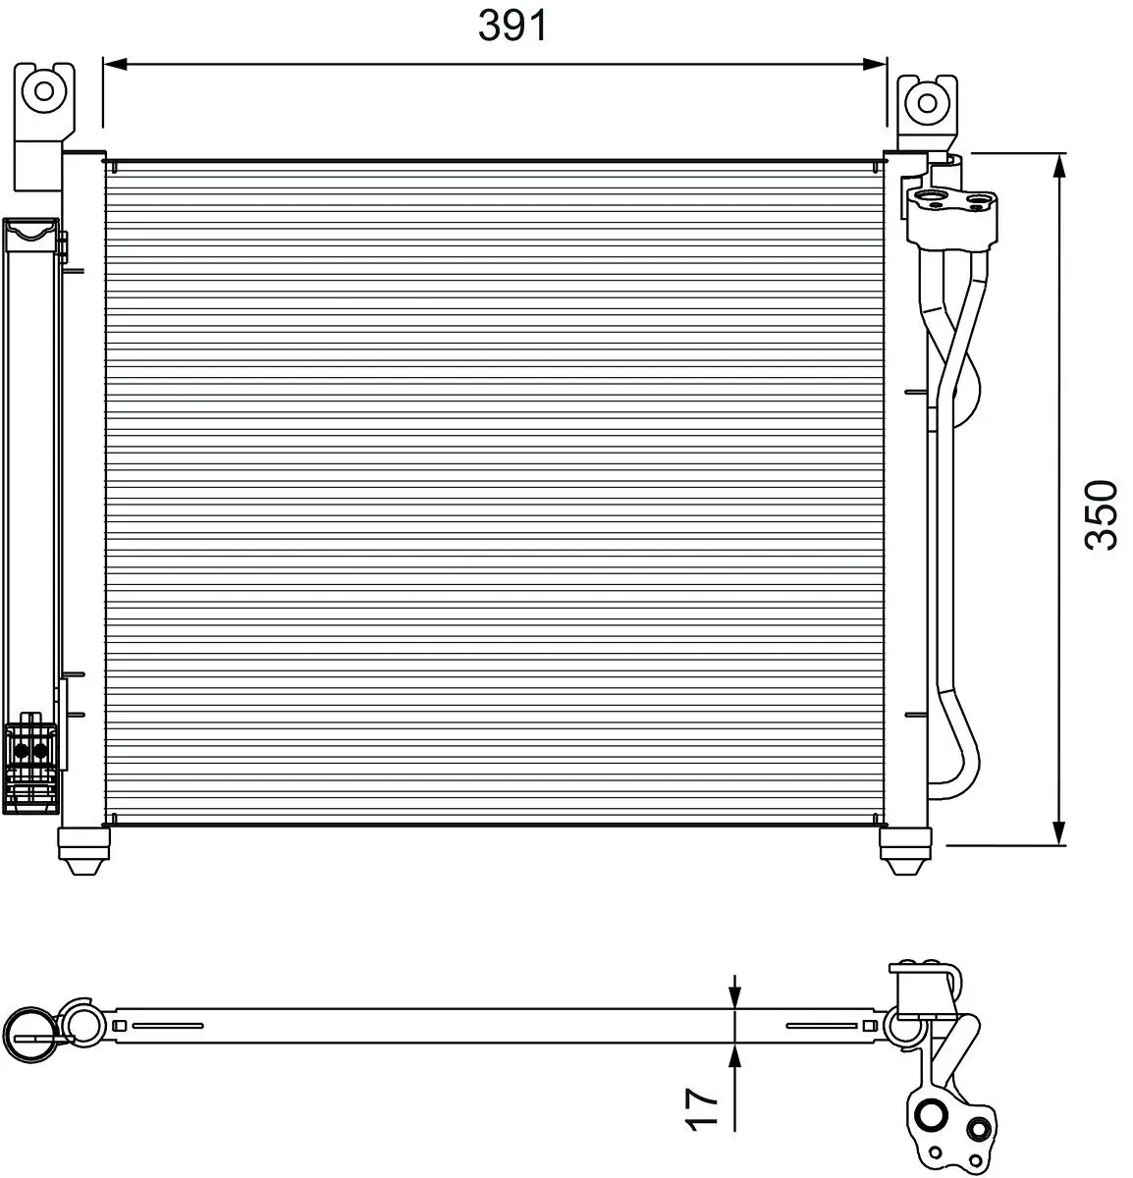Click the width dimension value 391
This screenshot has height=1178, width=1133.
pyautogui.click(x=513, y=26)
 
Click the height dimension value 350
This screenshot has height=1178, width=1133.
pyautogui.click(x=1102, y=514)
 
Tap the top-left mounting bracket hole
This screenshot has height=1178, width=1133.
pyautogui.click(x=44, y=91)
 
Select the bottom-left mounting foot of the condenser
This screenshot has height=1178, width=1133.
pyautogui.click(x=82, y=850)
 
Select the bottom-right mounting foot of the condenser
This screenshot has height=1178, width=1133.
pyautogui.click(x=904, y=850)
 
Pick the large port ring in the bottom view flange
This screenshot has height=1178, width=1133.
pyautogui.click(x=928, y=1115)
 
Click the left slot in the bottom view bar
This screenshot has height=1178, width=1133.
pyautogui.click(x=167, y=1027)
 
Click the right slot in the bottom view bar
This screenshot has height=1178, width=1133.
pyautogui.click(x=823, y=1027)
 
